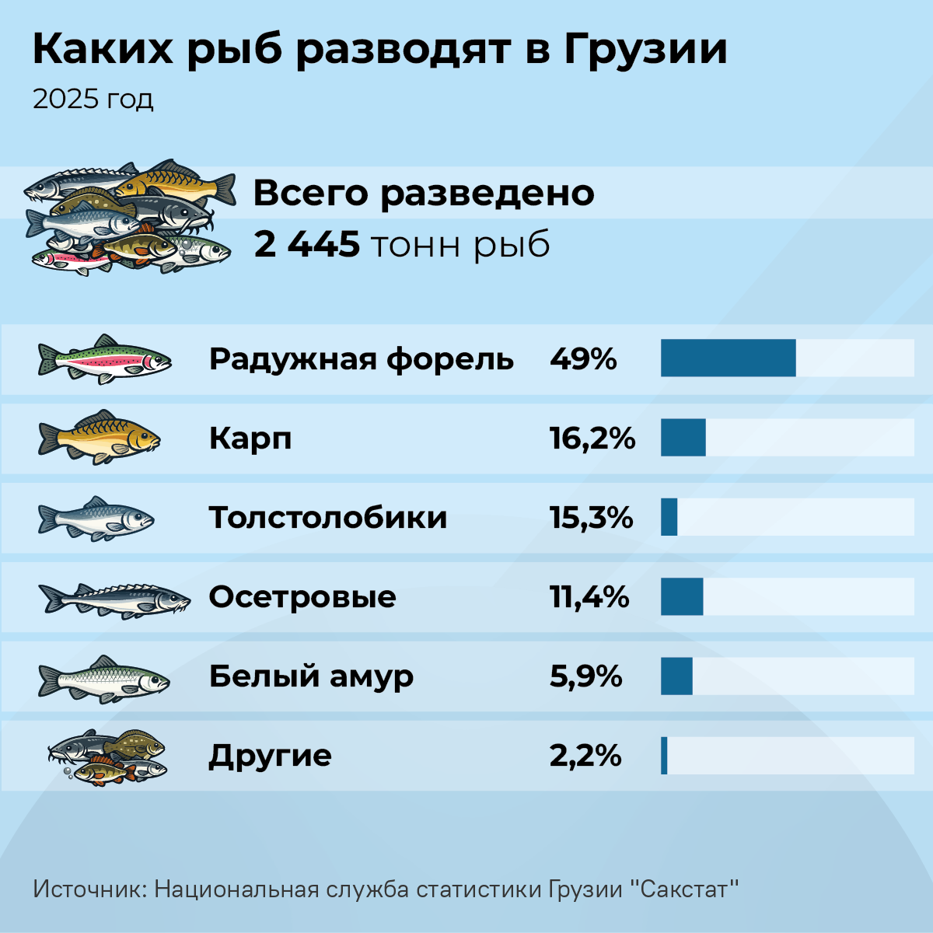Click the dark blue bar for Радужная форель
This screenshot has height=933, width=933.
click(729, 358)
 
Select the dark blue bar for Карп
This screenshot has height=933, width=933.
click(683, 437)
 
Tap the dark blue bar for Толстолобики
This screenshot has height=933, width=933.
click(669, 516)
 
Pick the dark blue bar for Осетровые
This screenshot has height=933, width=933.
click(682, 596)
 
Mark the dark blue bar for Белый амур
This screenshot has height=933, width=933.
click(676, 676)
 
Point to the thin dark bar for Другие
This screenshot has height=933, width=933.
click(664, 755)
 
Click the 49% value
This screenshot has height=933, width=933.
click(583, 359)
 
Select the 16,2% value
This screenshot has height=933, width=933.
click(592, 439)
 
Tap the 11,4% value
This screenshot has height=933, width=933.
click(589, 597)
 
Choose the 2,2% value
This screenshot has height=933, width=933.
click(585, 755)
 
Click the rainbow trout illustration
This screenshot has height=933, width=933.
click(105, 359)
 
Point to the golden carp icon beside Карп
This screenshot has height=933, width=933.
click(100, 437)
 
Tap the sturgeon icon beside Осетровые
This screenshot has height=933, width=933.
click(114, 601)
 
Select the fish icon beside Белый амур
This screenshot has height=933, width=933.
click(103, 680)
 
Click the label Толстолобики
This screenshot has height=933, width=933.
click(328, 517)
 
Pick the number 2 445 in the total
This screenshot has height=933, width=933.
click(307, 244)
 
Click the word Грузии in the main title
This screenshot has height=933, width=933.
click(645, 51)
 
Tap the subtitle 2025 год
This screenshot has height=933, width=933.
click(93, 100)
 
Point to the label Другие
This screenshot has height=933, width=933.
click(270, 757)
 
